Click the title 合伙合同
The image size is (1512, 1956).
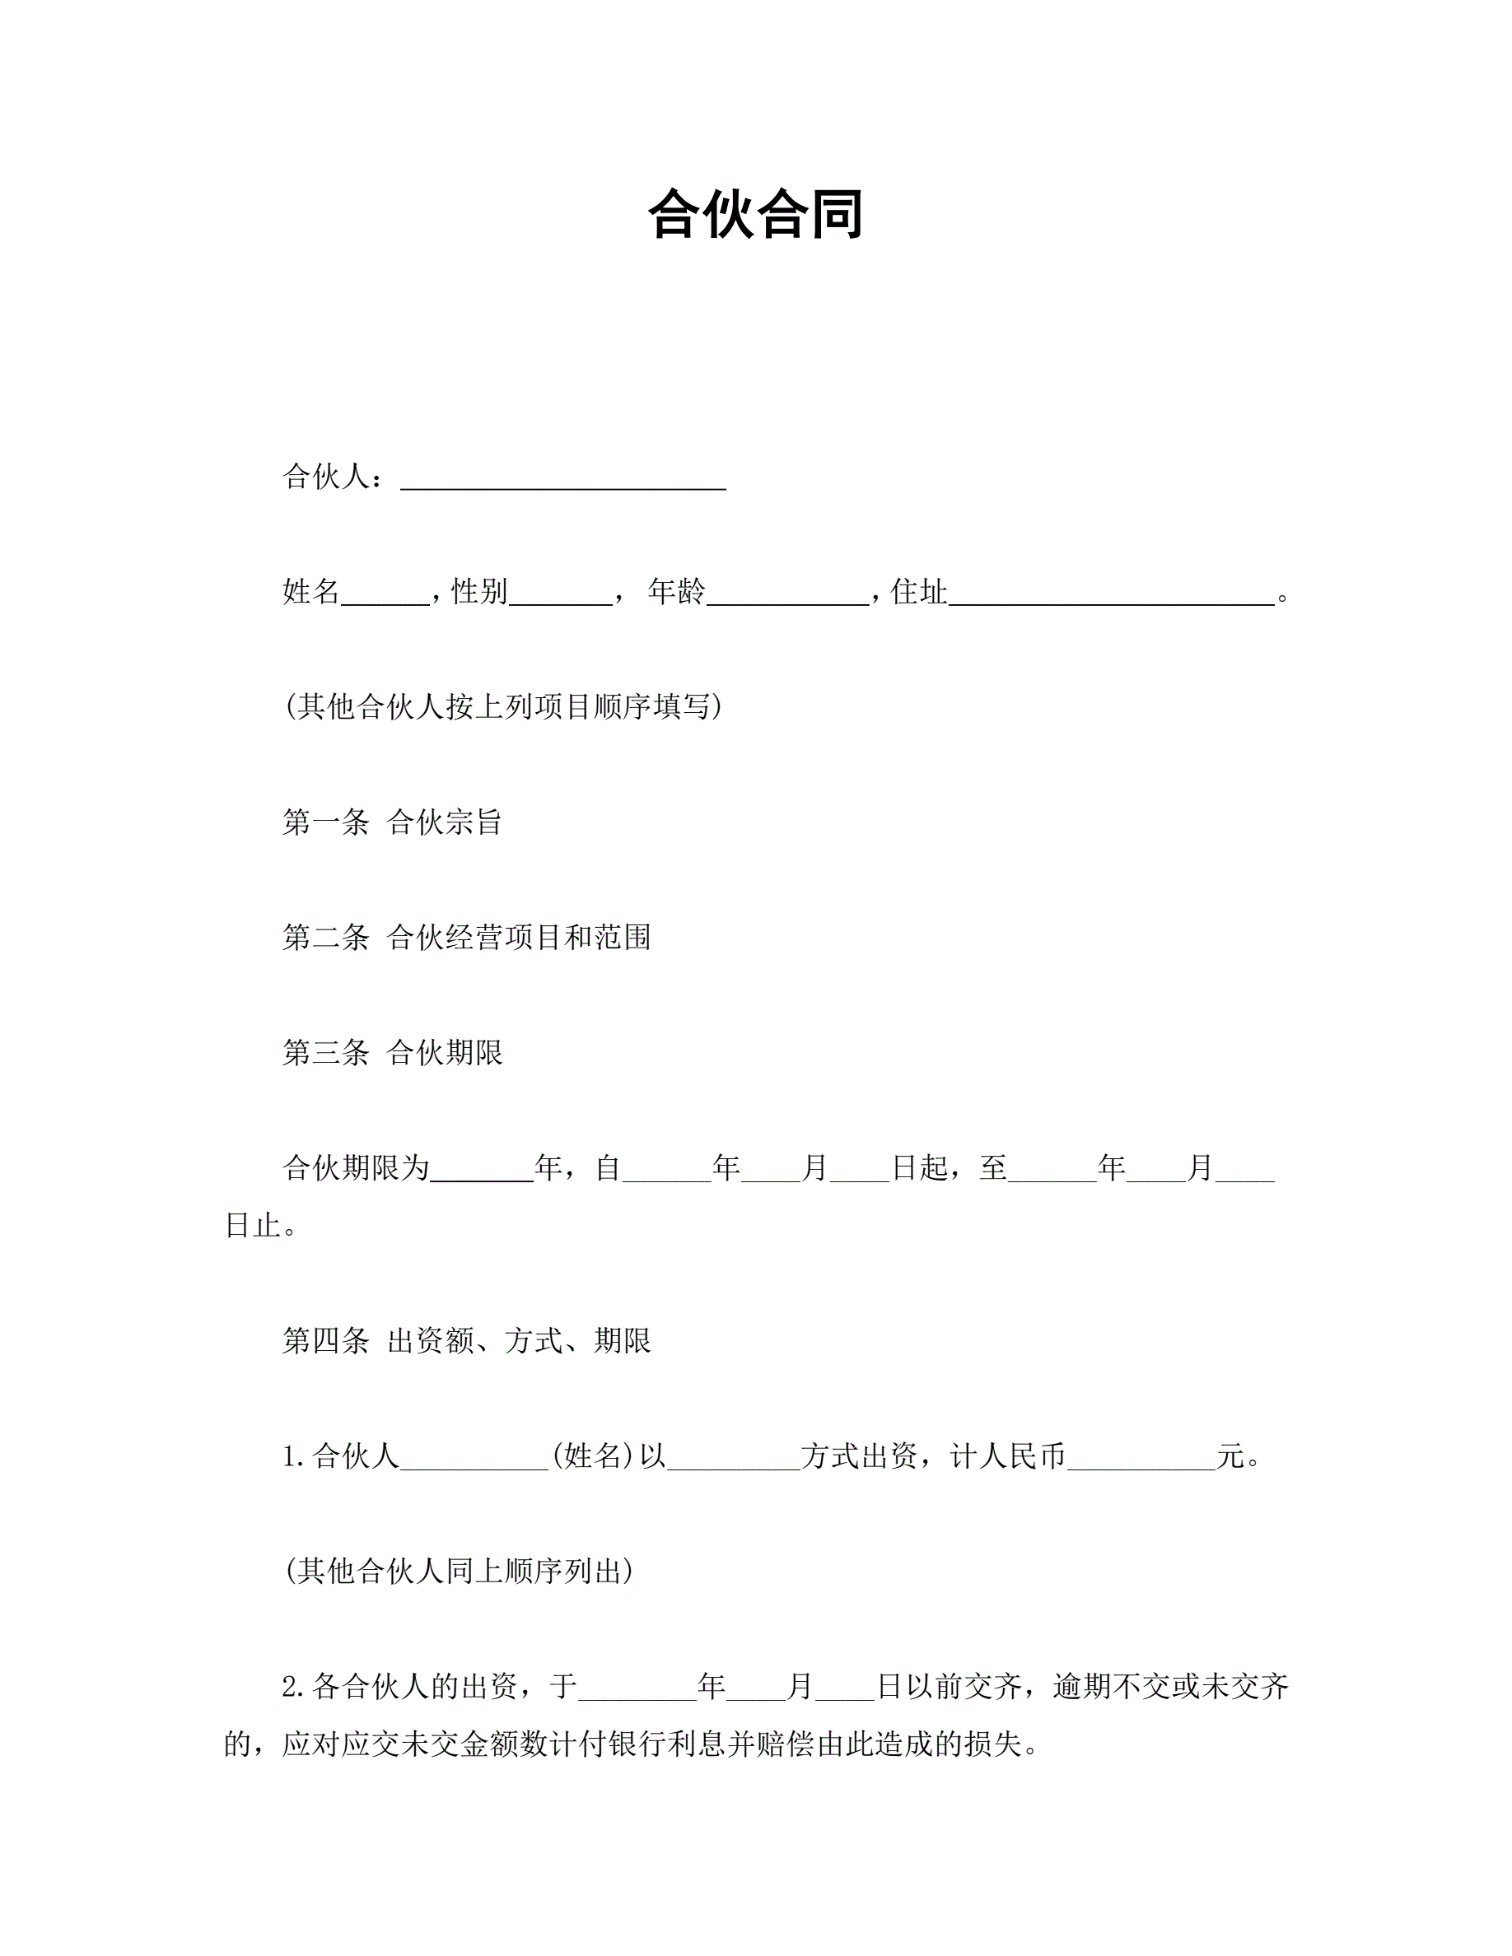(x=755, y=215)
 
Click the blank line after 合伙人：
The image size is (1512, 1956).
(x=562, y=480)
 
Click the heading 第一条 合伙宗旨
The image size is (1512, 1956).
(x=392, y=822)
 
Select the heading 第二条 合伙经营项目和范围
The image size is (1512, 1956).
(x=467, y=937)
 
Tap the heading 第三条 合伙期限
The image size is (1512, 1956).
(x=392, y=1052)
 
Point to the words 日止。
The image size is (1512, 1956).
(x=261, y=1225)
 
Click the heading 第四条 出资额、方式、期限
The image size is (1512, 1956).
(x=467, y=1341)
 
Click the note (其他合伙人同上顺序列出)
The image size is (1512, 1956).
(x=460, y=1571)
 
